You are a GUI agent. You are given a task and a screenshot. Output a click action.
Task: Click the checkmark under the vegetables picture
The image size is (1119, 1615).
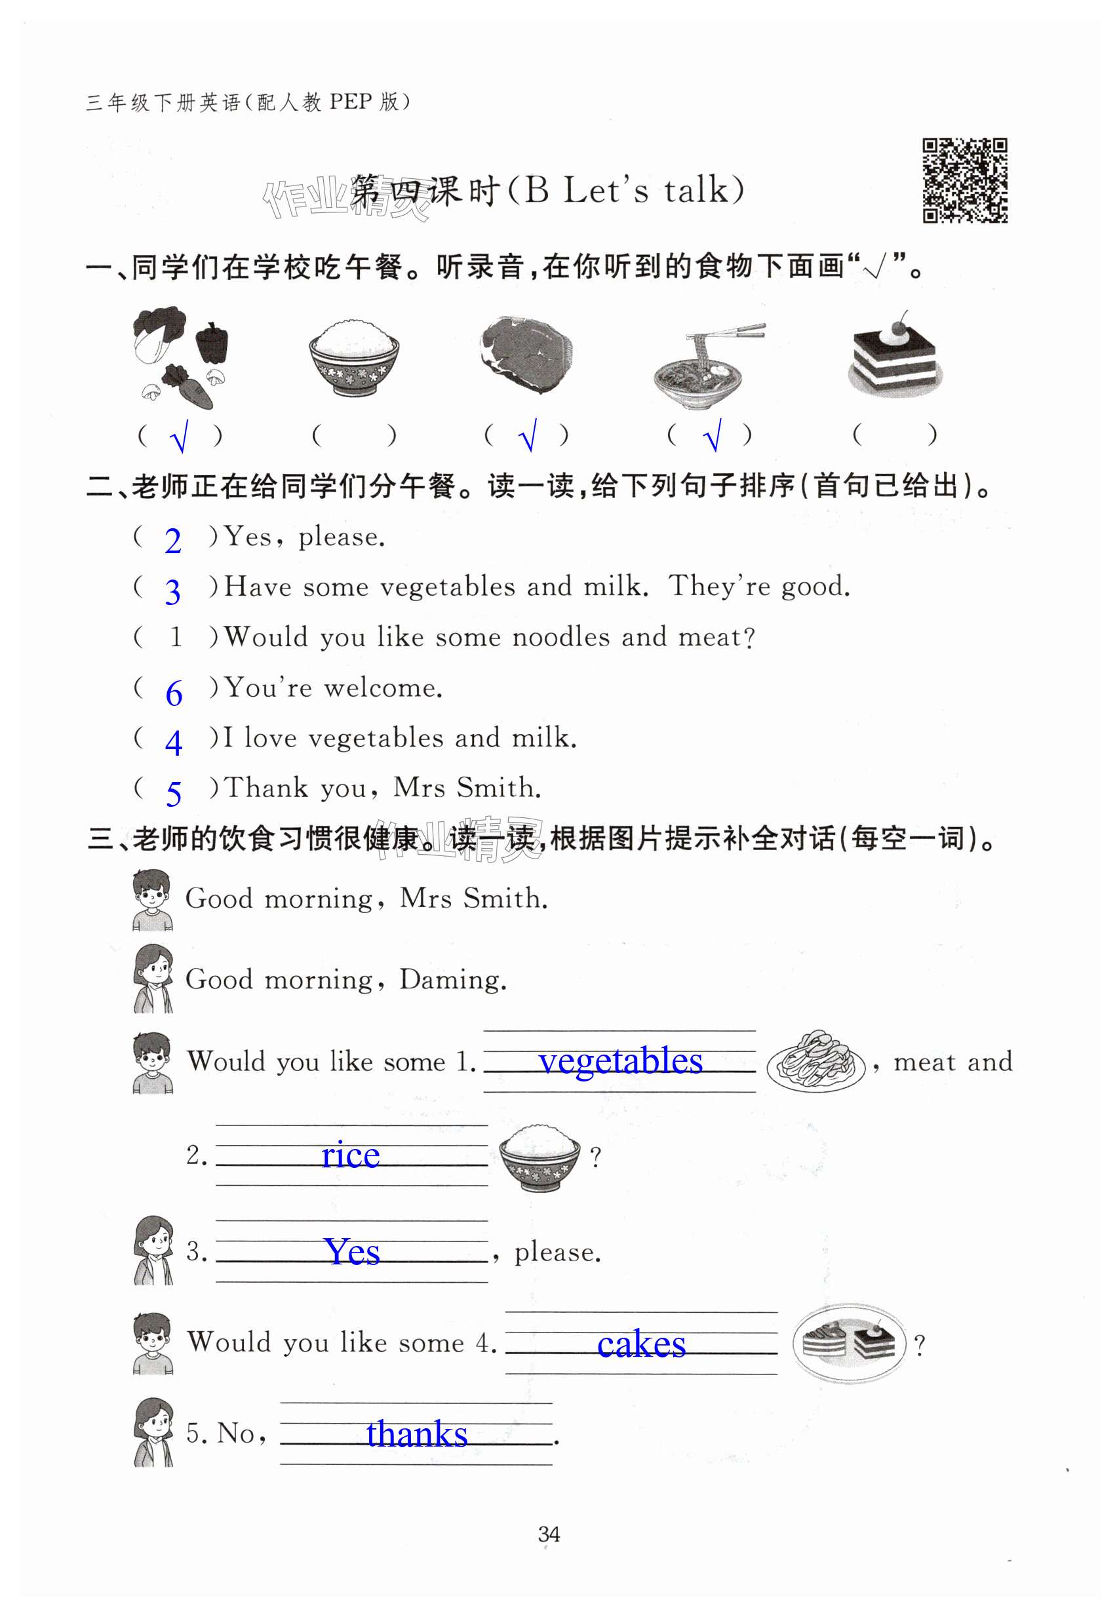(x=180, y=437)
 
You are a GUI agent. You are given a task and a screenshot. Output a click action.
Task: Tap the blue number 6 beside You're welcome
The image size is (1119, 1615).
(x=174, y=693)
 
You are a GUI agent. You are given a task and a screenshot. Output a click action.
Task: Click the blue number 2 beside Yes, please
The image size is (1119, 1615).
(x=172, y=541)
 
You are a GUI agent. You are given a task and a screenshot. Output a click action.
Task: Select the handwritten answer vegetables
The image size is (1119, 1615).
(x=621, y=1061)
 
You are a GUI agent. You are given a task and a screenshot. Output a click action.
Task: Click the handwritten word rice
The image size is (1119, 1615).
(x=351, y=1154)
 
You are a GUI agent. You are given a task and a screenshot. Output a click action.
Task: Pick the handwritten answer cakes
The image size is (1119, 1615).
(x=641, y=1344)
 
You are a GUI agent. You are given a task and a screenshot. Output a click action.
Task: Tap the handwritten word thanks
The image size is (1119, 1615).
(x=416, y=1433)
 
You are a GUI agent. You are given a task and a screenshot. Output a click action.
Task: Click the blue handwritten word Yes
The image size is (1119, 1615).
(x=352, y=1251)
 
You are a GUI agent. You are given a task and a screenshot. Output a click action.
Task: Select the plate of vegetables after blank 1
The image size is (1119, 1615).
(x=816, y=1060)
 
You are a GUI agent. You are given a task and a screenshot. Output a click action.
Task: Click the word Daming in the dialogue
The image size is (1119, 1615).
(x=452, y=980)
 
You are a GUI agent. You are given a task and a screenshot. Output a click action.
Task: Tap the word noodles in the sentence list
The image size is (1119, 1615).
(x=561, y=637)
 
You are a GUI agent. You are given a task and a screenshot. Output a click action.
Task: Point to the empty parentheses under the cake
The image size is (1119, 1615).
(x=895, y=435)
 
